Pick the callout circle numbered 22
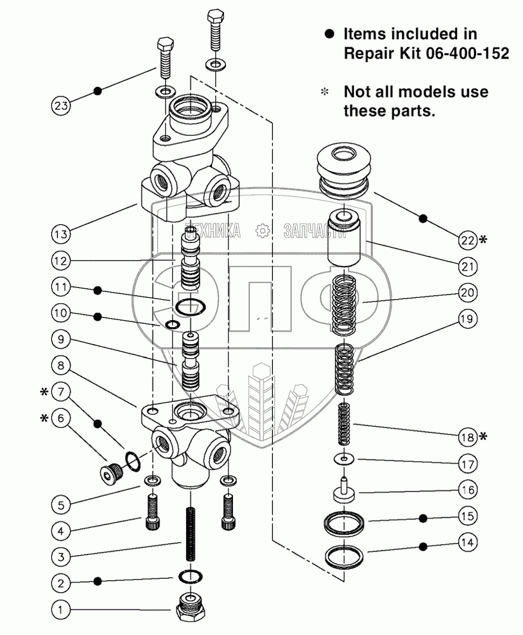click(x=467, y=240)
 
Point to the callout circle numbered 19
click(x=467, y=319)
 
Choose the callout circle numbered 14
click(x=467, y=544)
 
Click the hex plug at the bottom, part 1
click(x=191, y=609)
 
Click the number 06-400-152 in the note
click(x=467, y=54)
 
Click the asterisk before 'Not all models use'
click(x=325, y=92)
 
